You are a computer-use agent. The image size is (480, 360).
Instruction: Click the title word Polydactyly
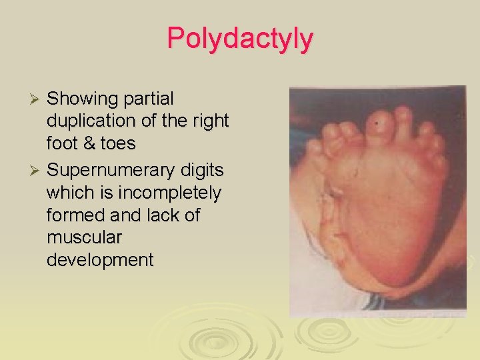click(x=239, y=39)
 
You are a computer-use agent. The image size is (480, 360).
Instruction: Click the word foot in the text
click(x=61, y=144)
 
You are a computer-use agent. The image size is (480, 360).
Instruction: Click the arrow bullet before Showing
click(x=37, y=99)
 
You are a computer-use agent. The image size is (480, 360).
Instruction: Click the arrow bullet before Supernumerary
click(x=37, y=171)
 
